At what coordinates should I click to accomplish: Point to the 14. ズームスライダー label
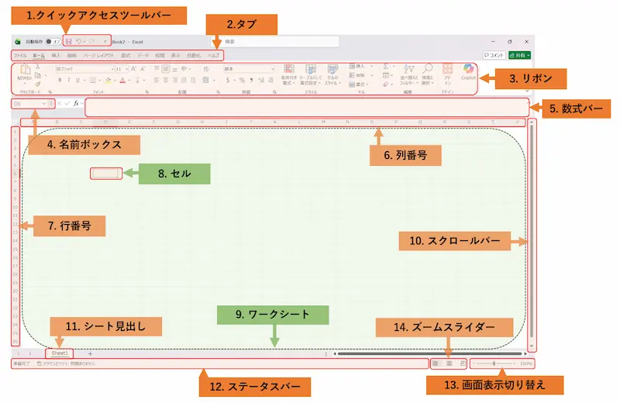click(x=444, y=327)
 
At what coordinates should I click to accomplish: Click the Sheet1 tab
click(x=60, y=353)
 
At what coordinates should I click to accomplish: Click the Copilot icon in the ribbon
click(x=468, y=72)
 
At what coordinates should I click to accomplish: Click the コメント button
click(x=494, y=55)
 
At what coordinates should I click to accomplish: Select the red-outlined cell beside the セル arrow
click(x=106, y=174)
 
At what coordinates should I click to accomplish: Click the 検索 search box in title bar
click(x=279, y=42)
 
